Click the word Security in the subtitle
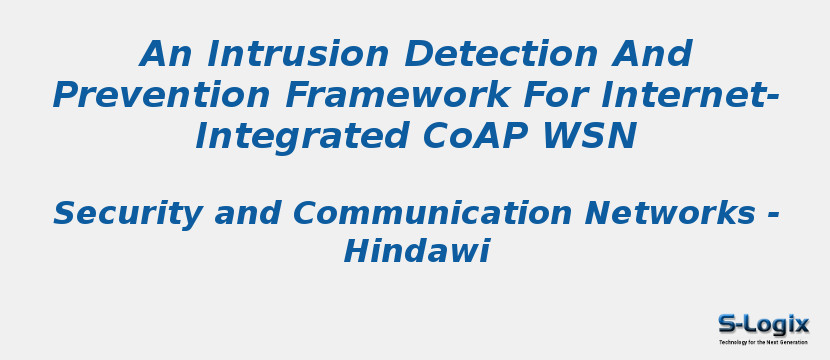point(119,214)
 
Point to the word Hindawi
point(416,252)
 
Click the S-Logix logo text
point(763,324)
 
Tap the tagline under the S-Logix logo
point(763,342)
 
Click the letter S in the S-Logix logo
point(727,324)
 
